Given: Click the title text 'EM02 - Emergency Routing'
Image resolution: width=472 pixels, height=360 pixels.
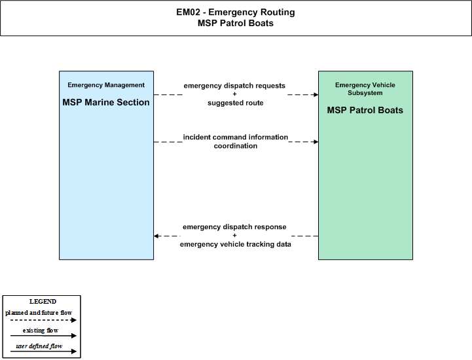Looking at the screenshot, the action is point(236,12).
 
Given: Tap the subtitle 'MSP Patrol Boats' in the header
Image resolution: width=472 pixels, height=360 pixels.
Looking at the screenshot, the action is point(236,23).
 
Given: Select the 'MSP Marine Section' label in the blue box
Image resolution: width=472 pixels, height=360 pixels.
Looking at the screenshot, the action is point(106,102).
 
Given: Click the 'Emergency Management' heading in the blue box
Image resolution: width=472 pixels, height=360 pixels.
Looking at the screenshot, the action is point(106,85).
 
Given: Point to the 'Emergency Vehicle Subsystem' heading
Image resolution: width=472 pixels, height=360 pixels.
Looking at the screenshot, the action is point(365,89).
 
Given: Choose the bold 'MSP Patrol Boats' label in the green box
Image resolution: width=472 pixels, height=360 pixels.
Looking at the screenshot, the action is point(365,110).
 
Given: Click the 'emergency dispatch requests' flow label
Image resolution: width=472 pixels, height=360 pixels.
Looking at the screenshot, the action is point(234,86).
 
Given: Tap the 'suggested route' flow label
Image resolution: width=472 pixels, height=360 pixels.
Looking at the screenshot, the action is point(236,103).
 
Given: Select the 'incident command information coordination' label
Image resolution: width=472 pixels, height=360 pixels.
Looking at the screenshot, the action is point(236,141).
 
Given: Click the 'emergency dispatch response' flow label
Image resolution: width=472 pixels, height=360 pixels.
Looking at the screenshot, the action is point(234,226).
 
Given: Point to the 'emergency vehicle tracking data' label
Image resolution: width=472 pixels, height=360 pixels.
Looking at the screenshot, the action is point(236,244).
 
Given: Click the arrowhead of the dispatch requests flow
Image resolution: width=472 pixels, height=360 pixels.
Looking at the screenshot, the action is point(316,94).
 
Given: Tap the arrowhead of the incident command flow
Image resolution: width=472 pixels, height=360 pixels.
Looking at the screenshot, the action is point(316,142).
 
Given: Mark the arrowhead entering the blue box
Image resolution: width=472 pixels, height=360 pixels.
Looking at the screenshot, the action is point(156,236).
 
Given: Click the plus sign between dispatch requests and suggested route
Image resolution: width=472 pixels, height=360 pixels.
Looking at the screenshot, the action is point(235,94).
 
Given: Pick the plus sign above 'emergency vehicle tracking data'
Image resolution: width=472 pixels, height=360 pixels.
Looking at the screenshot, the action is point(235,235).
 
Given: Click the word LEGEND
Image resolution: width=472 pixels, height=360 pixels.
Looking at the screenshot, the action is point(43,301).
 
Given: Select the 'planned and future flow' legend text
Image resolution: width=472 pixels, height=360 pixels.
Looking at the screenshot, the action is point(39,313).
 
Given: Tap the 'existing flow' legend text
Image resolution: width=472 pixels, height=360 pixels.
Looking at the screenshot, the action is point(41,330).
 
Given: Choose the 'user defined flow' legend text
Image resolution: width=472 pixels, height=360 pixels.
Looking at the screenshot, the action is point(39,346).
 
